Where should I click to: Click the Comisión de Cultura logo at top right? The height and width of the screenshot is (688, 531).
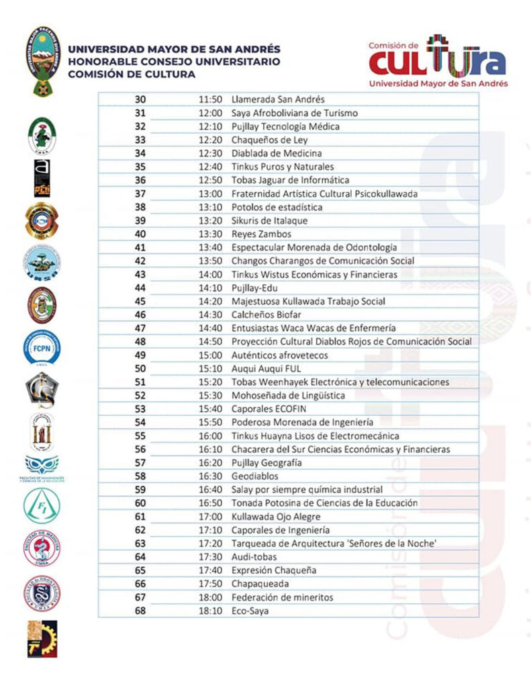click(x=437, y=60)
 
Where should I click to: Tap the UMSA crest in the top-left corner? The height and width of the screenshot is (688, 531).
click(x=42, y=60)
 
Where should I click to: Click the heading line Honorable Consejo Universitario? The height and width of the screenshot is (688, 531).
click(x=173, y=62)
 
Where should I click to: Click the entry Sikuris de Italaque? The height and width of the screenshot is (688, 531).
click(x=271, y=220)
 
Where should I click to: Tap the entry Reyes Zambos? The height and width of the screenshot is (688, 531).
click(x=261, y=234)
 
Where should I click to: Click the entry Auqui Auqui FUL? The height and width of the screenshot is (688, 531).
click(x=266, y=368)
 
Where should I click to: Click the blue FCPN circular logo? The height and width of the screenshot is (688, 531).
click(x=42, y=347)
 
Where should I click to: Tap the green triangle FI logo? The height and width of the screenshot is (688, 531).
click(x=42, y=506)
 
